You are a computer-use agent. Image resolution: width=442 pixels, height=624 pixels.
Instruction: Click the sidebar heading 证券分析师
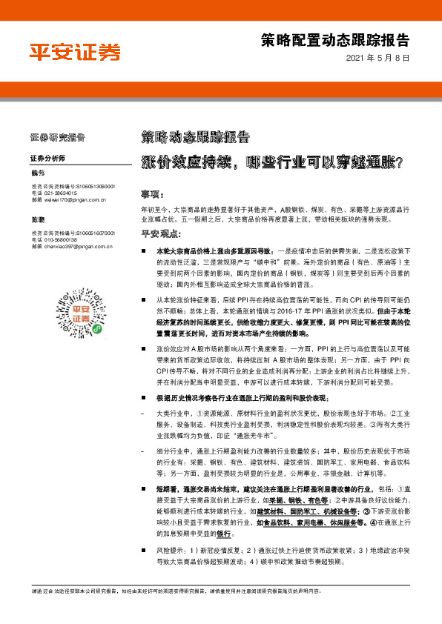(x=48, y=159)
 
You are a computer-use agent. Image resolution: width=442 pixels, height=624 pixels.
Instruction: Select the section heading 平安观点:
(x=160, y=235)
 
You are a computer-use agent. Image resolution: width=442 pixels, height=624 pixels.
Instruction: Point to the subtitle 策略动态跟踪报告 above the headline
(x=195, y=137)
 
